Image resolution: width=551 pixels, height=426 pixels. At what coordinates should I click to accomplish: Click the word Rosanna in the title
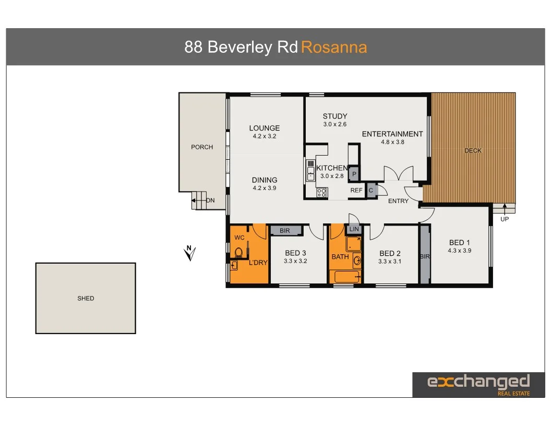pyautogui.click(x=334, y=48)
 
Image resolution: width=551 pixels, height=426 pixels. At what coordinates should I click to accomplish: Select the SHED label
pyautogui.click(x=86, y=299)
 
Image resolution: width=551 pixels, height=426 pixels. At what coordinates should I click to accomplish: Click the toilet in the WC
pyautogui.click(x=239, y=253)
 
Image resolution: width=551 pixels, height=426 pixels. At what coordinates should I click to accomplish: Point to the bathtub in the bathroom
pyautogui.click(x=344, y=277)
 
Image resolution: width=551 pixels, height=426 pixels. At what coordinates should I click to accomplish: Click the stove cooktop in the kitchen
pyautogui.click(x=322, y=193)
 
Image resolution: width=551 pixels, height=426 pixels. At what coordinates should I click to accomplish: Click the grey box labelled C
pyautogui.click(x=371, y=191)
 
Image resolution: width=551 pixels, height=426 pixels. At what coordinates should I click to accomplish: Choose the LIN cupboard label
pyautogui.click(x=354, y=229)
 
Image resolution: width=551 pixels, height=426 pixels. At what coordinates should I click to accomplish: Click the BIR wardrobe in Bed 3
pyautogui.click(x=285, y=230)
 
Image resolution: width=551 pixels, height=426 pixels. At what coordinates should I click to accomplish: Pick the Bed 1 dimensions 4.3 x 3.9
pyautogui.click(x=459, y=251)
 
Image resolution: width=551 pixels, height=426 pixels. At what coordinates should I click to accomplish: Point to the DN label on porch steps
pyautogui.click(x=210, y=200)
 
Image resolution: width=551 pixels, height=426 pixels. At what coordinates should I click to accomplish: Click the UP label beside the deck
pyautogui.click(x=505, y=219)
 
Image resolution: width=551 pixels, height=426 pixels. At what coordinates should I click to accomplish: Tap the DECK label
pyautogui.click(x=473, y=151)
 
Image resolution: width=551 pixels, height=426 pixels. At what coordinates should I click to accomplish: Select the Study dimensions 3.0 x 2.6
pyautogui.click(x=334, y=124)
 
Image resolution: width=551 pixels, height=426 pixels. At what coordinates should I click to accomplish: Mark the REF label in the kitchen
pyautogui.click(x=356, y=191)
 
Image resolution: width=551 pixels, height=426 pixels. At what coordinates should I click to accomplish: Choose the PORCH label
pyautogui.click(x=202, y=147)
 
